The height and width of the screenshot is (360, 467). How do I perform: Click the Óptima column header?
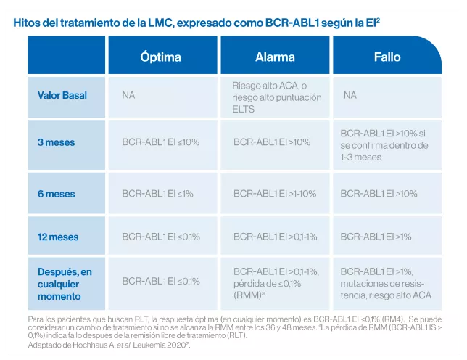(161, 57)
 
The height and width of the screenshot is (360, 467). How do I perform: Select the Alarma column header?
(275, 57)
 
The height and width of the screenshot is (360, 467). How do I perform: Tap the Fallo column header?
(387, 57)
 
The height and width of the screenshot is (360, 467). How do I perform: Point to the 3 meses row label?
(56, 142)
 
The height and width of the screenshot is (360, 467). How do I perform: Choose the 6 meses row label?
(56, 194)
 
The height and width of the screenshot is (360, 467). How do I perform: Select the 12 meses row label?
(58, 237)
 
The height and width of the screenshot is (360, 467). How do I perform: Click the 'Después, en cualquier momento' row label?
(65, 284)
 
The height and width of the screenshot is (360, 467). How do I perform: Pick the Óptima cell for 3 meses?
(161, 142)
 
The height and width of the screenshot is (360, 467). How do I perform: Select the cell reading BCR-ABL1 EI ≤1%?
(161, 194)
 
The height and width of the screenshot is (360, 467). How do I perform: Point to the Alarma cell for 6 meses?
(275, 194)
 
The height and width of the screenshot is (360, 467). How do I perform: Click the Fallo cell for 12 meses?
(387, 237)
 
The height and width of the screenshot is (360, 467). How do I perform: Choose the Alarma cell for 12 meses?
(275, 237)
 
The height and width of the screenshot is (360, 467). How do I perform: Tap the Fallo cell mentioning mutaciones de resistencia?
(387, 284)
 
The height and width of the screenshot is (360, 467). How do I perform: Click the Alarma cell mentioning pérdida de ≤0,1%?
(275, 284)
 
